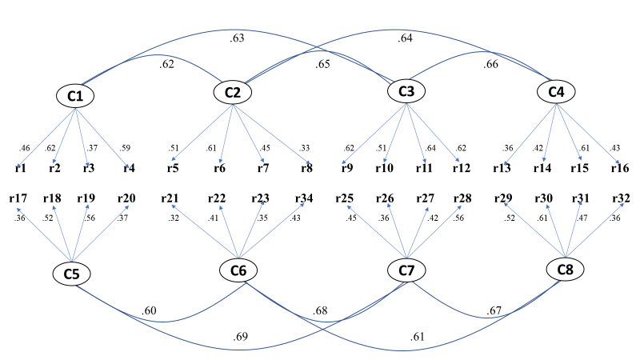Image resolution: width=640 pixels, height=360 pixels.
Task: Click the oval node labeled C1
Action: pos(76,96)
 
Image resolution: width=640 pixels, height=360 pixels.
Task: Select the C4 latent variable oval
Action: pos(557,93)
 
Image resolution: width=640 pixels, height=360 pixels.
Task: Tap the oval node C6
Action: pos(238,271)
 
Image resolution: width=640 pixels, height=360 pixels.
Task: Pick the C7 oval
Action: pos(406,271)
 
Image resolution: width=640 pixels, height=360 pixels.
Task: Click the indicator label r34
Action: pos(304,198)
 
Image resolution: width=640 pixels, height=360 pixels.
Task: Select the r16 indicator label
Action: pos(620,168)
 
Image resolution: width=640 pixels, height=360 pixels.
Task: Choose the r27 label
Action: pos(425,198)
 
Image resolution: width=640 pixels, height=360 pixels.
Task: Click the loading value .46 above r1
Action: pos(26,148)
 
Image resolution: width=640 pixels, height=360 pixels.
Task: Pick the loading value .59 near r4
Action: pos(125,148)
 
